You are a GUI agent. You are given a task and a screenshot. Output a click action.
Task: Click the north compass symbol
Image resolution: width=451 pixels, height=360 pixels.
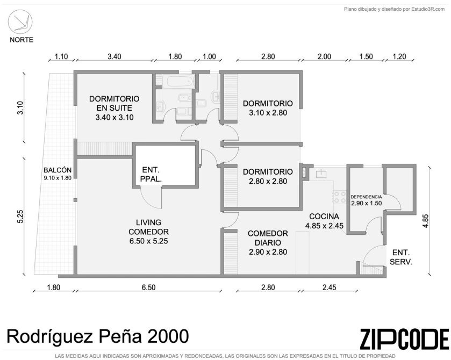[x=20, y=23]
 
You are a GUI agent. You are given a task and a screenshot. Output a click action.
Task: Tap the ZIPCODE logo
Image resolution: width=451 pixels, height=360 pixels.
[x=404, y=339]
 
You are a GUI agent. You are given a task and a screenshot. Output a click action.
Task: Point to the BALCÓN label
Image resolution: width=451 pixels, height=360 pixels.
[x=58, y=170]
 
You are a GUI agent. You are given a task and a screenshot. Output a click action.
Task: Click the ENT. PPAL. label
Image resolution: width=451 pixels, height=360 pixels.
[x=151, y=175]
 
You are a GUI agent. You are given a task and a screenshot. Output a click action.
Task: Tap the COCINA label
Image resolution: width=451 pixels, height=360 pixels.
[x=324, y=216]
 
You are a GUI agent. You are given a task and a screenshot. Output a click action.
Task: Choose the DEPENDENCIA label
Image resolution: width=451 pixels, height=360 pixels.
[x=366, y=197]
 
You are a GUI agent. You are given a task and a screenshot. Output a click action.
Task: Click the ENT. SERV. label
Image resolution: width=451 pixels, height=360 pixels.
[x=401, y=257]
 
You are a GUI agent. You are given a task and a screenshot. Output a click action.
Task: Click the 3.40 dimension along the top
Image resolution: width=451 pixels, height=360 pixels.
[x=114, y=56]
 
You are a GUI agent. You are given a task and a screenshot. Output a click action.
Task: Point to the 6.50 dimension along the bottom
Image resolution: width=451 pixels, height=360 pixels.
[x=148, y=287]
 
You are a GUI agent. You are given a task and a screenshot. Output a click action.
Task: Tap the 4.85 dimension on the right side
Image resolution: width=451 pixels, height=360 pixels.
[x=425, y=221]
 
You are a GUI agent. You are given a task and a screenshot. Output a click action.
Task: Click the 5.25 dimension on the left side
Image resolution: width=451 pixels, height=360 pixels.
[x=20, y=216]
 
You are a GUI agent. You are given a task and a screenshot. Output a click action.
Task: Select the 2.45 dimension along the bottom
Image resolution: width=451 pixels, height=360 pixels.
[x=329, y=287]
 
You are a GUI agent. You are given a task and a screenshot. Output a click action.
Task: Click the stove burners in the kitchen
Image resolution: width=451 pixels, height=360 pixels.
[x=340, y=197]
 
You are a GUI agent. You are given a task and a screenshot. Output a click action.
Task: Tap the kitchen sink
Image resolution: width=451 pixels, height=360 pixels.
[x=321, y=174]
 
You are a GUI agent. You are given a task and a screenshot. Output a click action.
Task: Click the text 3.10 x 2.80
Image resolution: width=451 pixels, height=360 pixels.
[x=268, y=113]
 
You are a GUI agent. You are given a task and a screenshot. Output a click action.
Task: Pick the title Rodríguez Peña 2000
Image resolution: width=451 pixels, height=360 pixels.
[x=98, y=336]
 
